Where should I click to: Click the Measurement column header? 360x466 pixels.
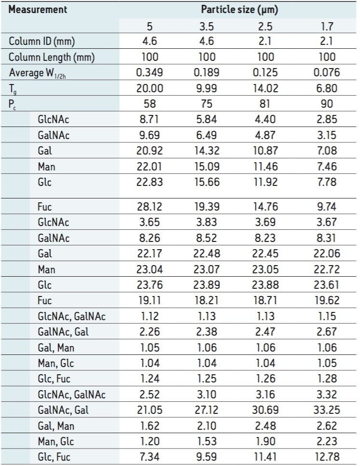[x=38, y=9]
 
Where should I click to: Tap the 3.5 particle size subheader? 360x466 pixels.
[x=207, y=26]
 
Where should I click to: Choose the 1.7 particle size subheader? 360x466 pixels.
[x=327, y=26]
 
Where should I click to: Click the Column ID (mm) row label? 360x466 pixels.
[x=42, y=42]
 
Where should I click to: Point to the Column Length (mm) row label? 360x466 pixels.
[x=52, y=57]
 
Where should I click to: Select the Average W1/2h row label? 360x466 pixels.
[x=43, y=73]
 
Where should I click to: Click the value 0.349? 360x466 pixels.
[x=150, y=73]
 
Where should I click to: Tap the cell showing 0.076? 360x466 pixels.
[x=327, y=73]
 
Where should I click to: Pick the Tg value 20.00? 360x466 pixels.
[x=150, y=88]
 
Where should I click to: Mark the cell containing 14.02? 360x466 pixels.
[x=265, y=88]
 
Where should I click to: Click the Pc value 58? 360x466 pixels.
[x=150, y=104]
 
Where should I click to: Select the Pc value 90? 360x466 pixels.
[x=327, y=104]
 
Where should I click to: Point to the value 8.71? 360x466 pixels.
[x=150, y=120]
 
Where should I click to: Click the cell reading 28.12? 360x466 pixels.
[x=150, y=207]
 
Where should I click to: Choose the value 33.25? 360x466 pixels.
[x=327, y=410]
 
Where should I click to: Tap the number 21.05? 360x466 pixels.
[x=150, y=410]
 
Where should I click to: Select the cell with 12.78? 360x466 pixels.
[x=327, y=456]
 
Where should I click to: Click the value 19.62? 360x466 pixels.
[x=327, y=300]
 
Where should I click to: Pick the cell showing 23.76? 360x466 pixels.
[x=150, y=285]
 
